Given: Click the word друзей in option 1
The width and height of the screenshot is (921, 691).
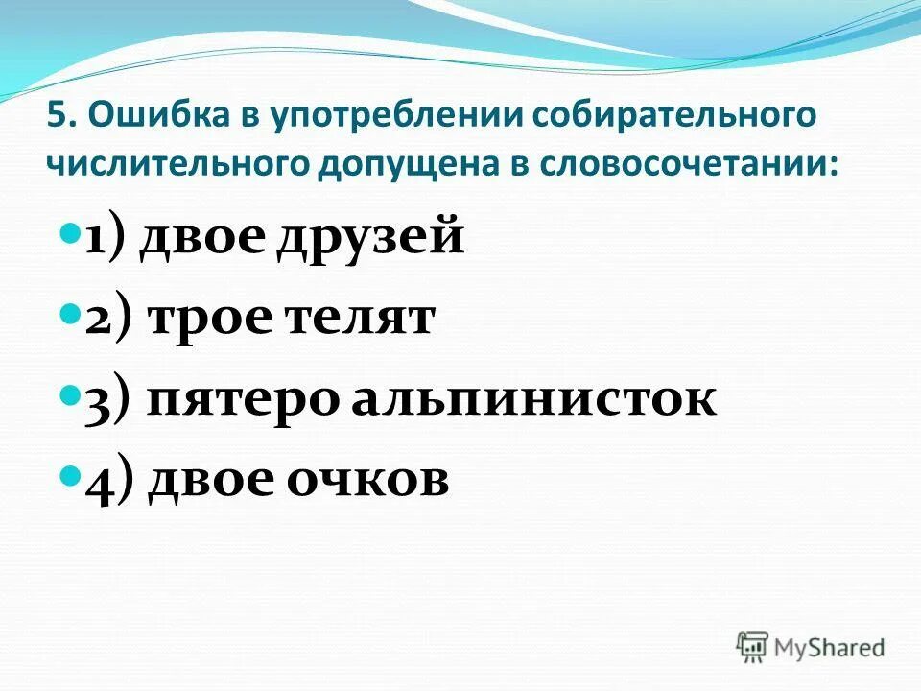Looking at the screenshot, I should [370, 238].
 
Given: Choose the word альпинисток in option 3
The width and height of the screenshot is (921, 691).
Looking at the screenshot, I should [532, 399].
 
